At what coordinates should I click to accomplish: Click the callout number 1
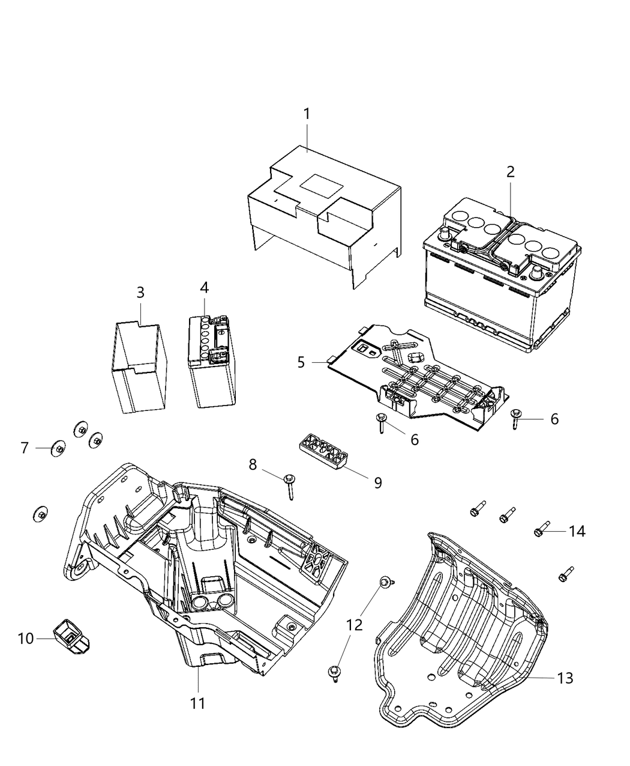tap(307, 114)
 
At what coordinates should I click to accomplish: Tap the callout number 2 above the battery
tap(510, 172)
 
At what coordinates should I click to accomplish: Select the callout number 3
tap(140, 293)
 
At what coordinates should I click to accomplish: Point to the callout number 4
tap(205, 288)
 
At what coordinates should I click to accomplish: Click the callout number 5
tap(301, 362)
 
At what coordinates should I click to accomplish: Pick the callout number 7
tap(25, 448)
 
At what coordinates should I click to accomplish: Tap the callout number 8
tap(253, 464)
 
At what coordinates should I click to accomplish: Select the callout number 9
tap(378, 482)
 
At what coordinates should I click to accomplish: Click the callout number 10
tap(26, 638)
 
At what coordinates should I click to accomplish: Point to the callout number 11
tap(198, 702)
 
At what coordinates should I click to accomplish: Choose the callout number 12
tap(355, 625)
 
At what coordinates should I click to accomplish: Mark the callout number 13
tap(565, 678)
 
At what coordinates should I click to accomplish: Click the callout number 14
tap(577, 531)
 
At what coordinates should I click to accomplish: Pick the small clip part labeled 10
tap(70, 636)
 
